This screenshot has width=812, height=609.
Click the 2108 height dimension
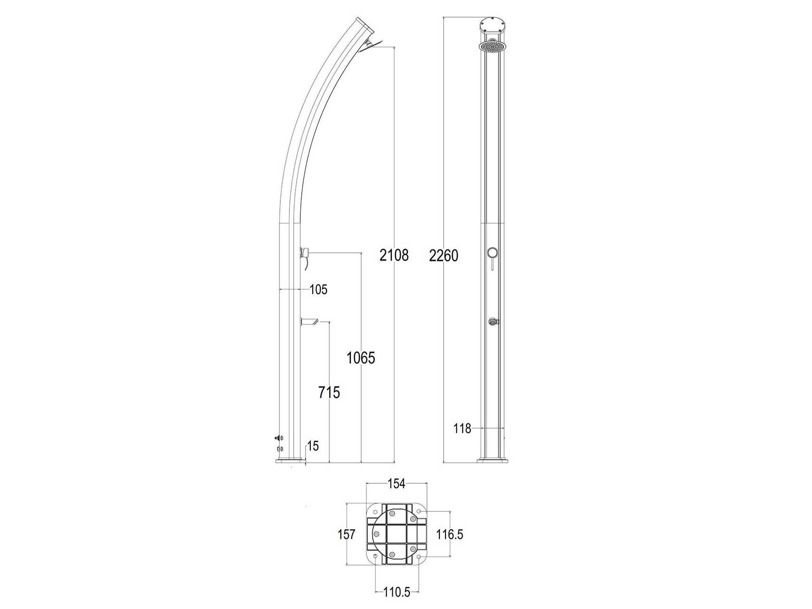tap(394, 256)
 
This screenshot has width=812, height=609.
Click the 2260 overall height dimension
tap(444, 256)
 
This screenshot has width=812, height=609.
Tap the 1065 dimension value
tap(361, 358)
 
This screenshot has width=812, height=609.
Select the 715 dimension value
tap(329, 393)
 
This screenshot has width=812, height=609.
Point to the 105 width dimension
tap(318, 290)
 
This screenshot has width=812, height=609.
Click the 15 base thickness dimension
tap(313, 446)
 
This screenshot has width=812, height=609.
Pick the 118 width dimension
tap(462, 429)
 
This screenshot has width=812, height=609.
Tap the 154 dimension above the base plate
tap(396, 484)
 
